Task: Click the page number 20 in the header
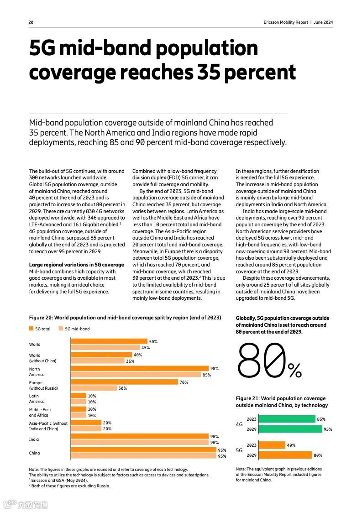pos(31,22)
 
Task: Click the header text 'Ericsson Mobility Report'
pos(286,22)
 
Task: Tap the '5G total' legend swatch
pos(31,329)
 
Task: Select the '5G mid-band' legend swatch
pos(61,329)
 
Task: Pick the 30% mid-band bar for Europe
pos(93,388)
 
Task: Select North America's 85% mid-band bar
pos(135,375)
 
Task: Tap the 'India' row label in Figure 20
pos(34,439)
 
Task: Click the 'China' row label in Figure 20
pos(35,453)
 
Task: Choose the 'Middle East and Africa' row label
pos(40,413)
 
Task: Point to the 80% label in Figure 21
pos(318,455)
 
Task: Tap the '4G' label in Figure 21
pos(239,424)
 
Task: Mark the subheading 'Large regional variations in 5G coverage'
pos(76,265)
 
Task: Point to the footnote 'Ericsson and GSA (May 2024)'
pos(59,480)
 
